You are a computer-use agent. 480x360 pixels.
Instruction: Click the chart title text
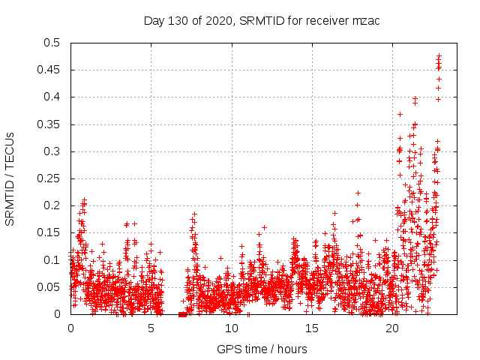pos(262,20)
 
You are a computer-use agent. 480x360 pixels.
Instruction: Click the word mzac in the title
pos(366,20)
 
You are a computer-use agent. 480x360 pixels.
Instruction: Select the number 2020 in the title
pos(218,20)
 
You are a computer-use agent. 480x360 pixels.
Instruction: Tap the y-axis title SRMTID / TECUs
pos(10,178)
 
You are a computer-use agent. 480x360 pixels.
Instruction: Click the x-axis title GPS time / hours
pos(262,349)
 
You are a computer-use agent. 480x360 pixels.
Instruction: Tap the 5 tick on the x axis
pos(151,328)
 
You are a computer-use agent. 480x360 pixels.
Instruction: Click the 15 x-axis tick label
pos(312,328)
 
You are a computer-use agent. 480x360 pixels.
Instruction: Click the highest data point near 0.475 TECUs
pos(439,55)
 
